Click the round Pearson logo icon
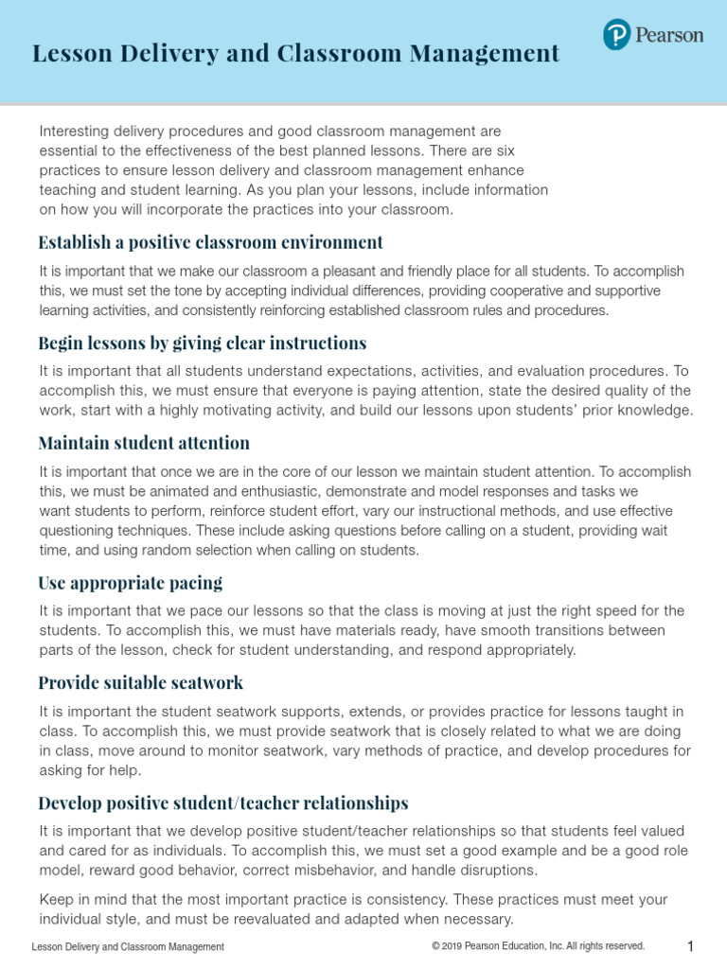coord(616,36)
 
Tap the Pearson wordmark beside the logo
coord(669,36)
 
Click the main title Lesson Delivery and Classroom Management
coord(295,54)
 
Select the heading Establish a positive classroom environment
coord(210,242)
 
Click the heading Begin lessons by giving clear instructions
coord(202,343)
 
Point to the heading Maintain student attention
coord(144,443)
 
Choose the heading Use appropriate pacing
coord(131,582)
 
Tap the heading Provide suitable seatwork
coord(141,682)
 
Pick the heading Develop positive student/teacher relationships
coord(223,803)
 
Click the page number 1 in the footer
coord(691,947)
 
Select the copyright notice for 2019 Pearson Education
coord(538,946)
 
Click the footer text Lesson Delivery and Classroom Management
coord(128,947)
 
